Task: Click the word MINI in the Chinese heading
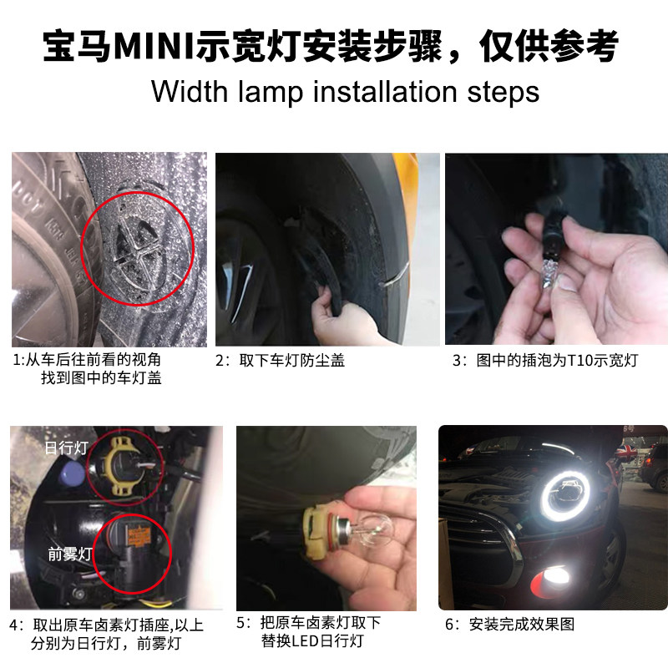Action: (x=154, y=46)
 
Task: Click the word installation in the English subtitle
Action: (x=385, y=92)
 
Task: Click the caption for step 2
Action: (x=280, y=361)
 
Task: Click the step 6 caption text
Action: (x=510, y=624)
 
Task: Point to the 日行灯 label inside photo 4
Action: (x=67, y=448)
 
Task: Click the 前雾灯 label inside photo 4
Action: (x=70, y=554)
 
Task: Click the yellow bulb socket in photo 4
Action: (x=120, y=467)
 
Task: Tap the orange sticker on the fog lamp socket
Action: (x=137, y=535)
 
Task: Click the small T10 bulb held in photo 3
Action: (x=549, y=271)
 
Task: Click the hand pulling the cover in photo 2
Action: (x=341, y=316)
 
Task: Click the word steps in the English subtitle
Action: (x=504, y=93)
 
